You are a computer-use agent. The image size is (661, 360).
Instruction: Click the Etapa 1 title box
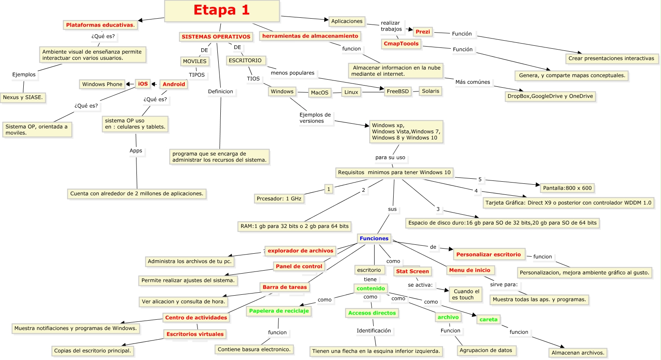pos(222,11)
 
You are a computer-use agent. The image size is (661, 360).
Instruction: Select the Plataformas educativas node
pos(100,25)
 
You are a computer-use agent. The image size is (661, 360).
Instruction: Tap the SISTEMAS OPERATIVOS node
pos(216,37)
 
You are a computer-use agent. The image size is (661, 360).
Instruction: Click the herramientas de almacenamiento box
pos(310,36)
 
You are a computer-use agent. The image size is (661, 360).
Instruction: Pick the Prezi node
pos(422,32)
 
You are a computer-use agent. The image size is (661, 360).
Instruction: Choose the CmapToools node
pos(401,44)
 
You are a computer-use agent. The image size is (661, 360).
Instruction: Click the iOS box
pos(143,84)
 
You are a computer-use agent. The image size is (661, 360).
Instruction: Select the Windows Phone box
pos(102,84)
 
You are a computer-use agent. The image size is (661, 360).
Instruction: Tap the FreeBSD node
pos(397,91)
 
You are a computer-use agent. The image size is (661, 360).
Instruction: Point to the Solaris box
pos(430,91)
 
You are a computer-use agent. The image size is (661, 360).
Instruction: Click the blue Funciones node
pos(374,238)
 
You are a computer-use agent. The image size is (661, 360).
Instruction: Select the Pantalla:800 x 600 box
pos(567,188)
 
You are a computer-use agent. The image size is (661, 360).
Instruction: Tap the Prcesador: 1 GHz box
pos(279,199)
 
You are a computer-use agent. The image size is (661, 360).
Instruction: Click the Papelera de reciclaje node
pos(279,311)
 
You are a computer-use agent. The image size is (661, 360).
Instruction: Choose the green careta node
pos(488,320)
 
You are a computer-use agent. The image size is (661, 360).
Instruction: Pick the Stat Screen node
pos(412,271)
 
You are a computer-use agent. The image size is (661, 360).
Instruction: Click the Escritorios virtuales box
pos(195,334)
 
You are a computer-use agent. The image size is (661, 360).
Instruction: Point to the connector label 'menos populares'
pos(292,73)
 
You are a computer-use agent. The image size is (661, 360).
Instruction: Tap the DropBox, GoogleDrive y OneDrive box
pos(550,96)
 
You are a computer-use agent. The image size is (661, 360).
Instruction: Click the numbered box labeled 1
pos(328,189)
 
